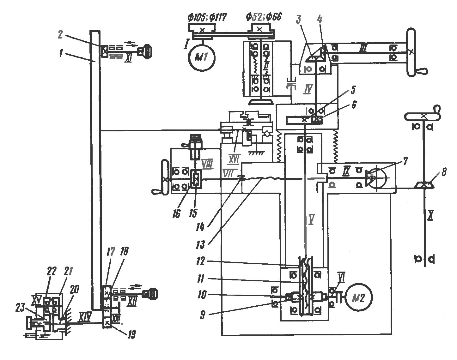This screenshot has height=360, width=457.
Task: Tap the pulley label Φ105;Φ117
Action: [x=207, y=17]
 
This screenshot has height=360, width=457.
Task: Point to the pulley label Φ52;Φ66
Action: [x=264, y=17]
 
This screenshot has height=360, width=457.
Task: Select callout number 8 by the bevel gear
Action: [x=444, y=172]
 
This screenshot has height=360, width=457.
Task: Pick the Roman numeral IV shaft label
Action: [x=308, y=89]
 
